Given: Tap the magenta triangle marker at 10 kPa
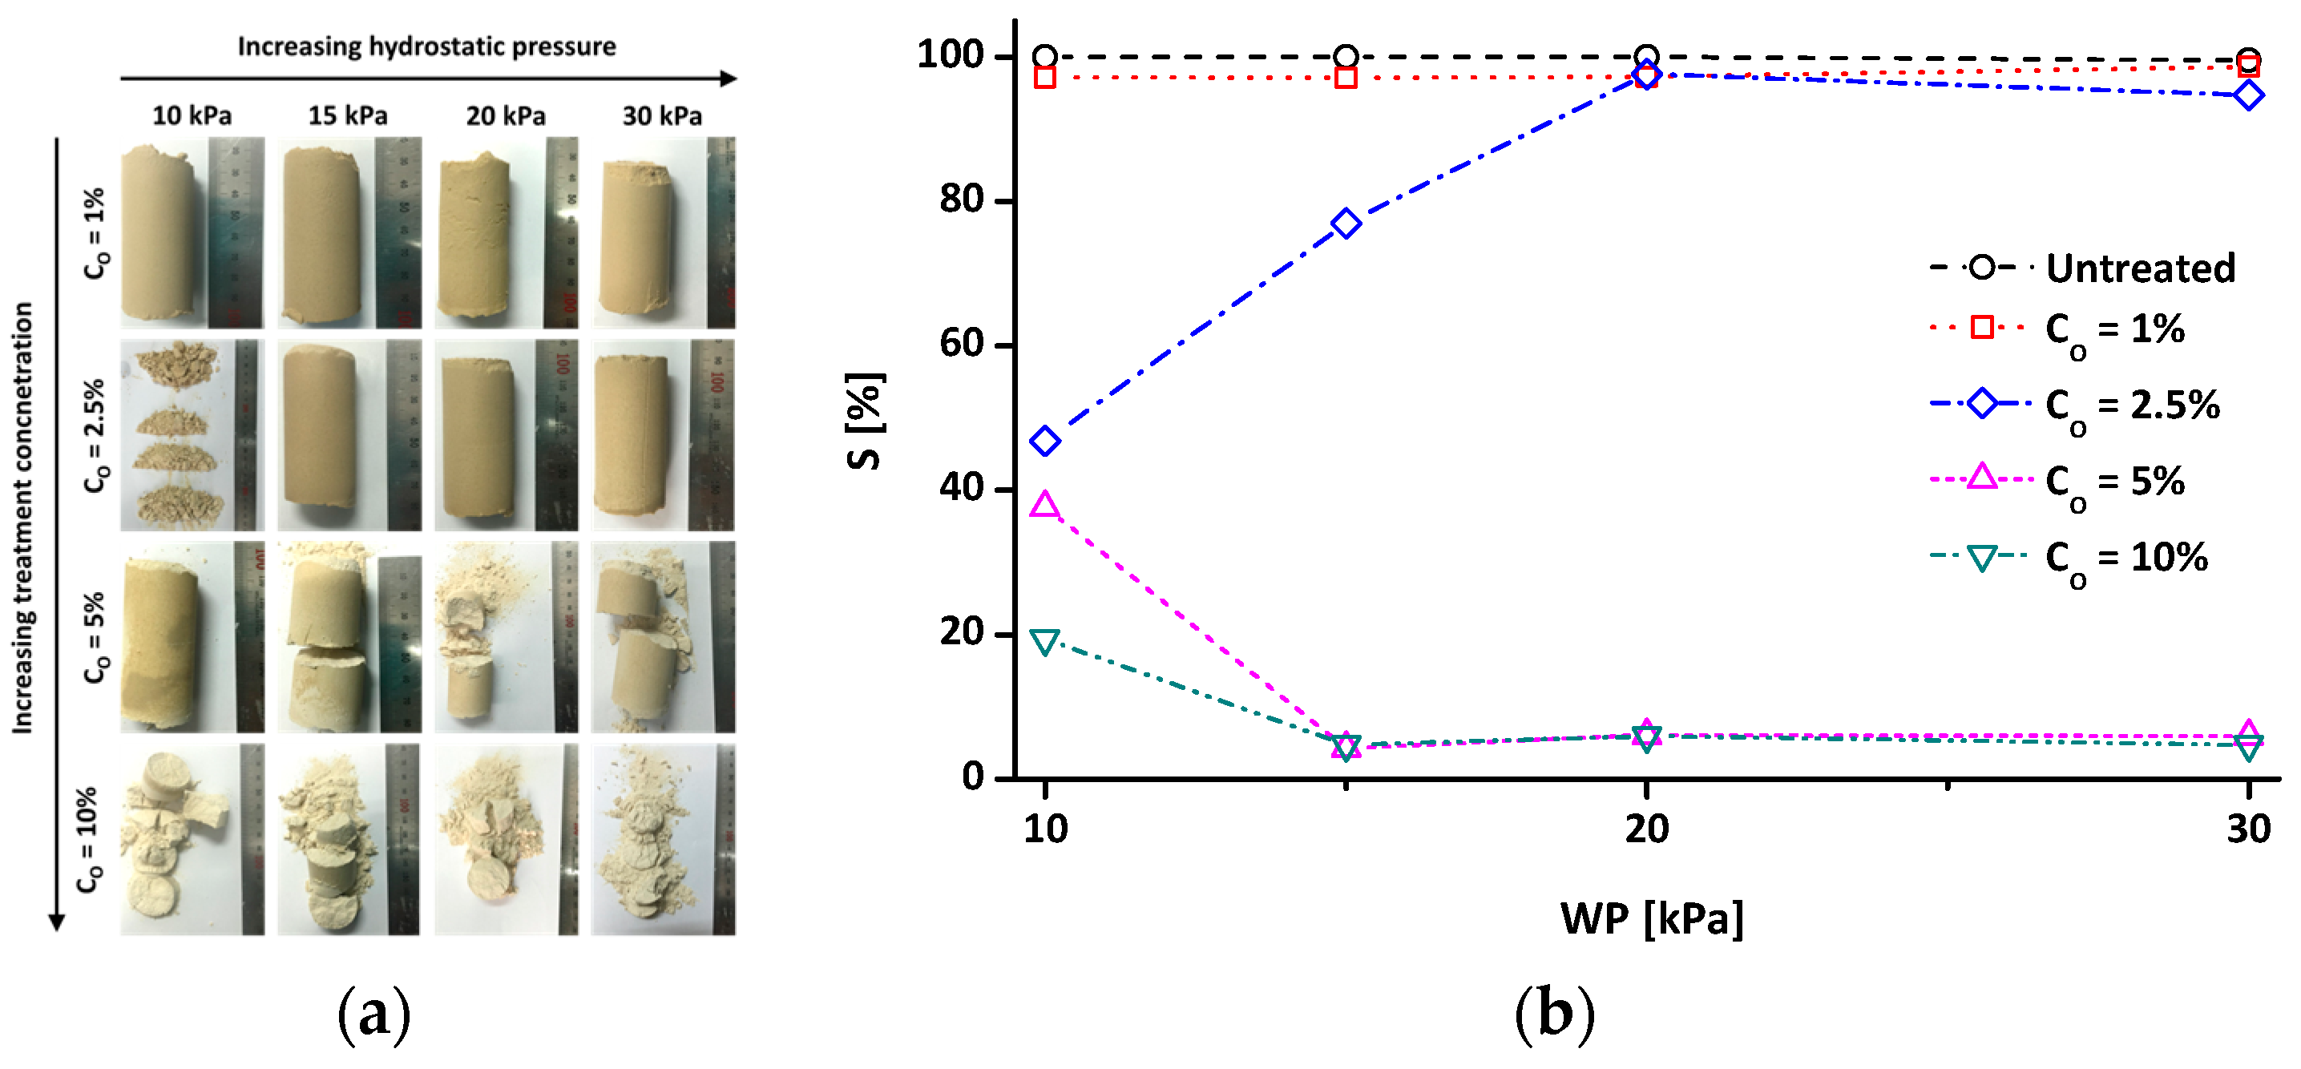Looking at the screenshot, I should coord(1044,506).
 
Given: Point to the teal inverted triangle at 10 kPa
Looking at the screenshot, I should coord(1044,641).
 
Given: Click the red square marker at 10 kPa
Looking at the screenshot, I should coord(1044,78).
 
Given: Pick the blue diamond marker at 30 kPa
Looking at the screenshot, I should coord(2248,95).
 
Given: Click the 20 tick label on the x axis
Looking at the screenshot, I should coord(1646,829).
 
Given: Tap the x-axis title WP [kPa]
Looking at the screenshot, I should coord(1652,918).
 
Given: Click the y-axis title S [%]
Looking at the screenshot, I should coord(865,420).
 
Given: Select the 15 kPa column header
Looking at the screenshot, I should coord(348,116).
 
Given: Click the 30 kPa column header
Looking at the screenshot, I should coord(662,116).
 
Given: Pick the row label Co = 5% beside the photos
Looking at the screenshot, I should coord(95,637).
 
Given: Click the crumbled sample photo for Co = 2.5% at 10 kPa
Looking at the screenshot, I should coord(192,435).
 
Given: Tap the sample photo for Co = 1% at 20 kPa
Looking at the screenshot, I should coord(506,232).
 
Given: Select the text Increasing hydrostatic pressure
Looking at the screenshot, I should coord(426,46).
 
